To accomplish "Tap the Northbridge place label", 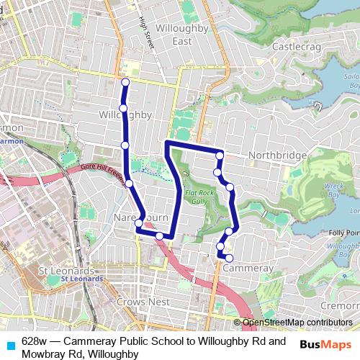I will pyautogui.click(x=277, y=156).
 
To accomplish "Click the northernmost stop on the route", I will pyautogui.click(x=125, y=82).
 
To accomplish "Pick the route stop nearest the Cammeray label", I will pyautogui.click(x=230, y=258).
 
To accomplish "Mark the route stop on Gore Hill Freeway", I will pyautogui.click(x=129, y=184).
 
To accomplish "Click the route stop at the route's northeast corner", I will pyautogui.click(x=220, y=156).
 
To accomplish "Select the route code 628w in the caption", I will pyautogui.click(x=35, y=341).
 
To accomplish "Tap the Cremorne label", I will pyautogui.click(x=338, y=305).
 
